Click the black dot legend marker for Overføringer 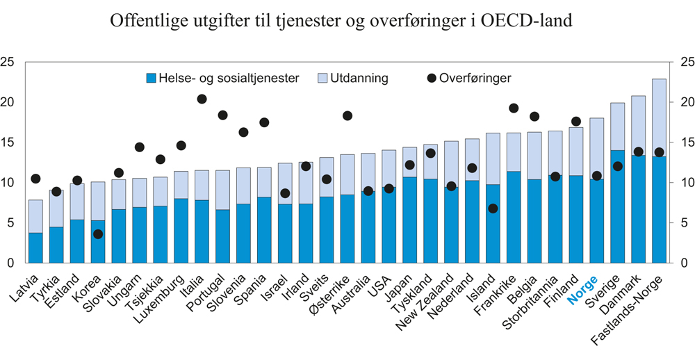(x=431, y=79)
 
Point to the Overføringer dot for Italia (x=202, y=99)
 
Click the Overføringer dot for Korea (x=99, y=234)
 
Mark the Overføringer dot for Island (x=493, y=208)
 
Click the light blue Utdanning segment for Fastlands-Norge (x=659, y=117)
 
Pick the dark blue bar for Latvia (x=35, y=248)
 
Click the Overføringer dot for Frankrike (x=514, y=108)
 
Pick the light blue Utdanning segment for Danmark (x=639, y=125)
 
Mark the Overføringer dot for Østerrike (x=347, y=115)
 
